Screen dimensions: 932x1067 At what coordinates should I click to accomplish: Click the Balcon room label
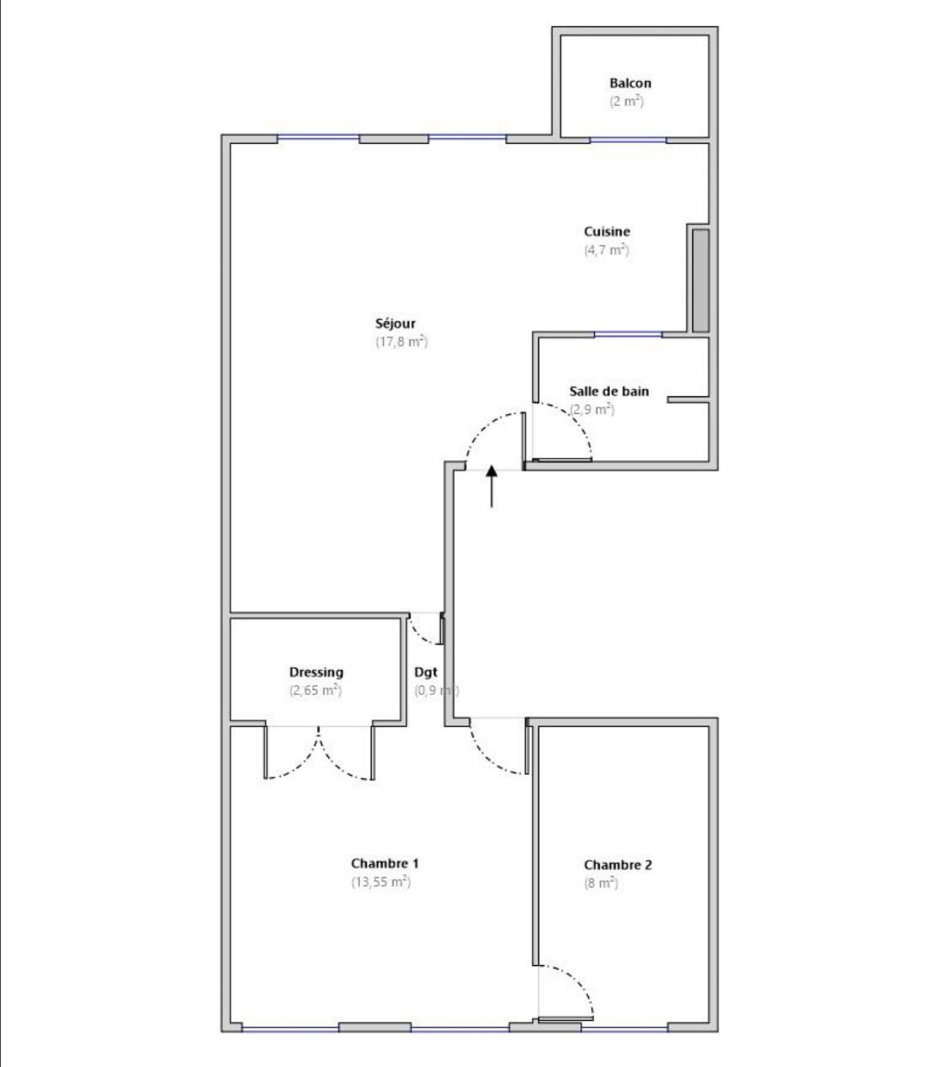(630, 83)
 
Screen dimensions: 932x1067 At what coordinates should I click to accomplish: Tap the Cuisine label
(606, 231)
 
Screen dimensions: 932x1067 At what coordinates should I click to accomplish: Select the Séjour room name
(395, 324)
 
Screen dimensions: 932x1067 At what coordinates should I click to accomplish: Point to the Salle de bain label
(609, 391)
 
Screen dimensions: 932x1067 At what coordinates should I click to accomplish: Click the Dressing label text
(316, 672)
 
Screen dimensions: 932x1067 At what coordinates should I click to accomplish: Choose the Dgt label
(426, 672)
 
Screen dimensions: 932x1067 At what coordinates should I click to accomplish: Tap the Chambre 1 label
(384, 863)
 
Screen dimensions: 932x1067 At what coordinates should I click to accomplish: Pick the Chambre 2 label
(617, 865)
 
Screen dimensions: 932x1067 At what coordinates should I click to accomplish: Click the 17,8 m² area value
(401, 342)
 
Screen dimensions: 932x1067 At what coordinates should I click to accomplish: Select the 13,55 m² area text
(381, 882)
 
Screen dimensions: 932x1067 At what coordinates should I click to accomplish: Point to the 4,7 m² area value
(606, 250)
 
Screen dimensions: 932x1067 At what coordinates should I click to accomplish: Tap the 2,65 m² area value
(315, 691)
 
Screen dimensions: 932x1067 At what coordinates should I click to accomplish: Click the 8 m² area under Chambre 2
(601, 884)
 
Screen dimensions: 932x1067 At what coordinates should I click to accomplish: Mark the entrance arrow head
(491, 471)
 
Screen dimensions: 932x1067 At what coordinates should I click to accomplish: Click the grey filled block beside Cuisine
(701, 280)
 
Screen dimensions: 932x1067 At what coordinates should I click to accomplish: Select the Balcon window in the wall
(628, 140)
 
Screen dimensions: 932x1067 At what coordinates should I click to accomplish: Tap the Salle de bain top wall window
(628, 334)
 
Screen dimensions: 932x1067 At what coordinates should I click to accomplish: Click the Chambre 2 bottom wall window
(624, 1029)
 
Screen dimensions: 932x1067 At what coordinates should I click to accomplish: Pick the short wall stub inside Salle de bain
(688, 400)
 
